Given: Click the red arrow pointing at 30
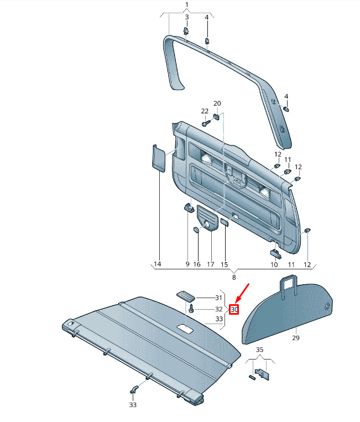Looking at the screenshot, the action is pos(243,294).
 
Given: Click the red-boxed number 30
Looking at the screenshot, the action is pos(234,310).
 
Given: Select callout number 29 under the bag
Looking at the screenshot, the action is pos(296,338).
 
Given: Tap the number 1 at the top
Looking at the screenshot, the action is pos(187,4).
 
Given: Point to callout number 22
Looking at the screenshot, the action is pos(205,111).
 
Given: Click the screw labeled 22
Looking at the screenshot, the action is pos(206,123).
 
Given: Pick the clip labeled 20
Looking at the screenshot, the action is pos(217,117).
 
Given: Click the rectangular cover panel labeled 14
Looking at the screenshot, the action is pos(159,158).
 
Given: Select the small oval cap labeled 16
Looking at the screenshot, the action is pos(197,230).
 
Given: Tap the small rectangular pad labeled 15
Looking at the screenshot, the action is pos(225,222).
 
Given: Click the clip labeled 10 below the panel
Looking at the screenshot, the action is pos(275,253).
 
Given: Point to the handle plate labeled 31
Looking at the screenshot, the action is pos(185,296).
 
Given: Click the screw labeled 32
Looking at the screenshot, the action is pos(191,309).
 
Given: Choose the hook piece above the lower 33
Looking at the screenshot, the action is pos(134,389).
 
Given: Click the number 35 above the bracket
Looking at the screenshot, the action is pos(259,350).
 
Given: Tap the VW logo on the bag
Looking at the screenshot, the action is pos(327,307).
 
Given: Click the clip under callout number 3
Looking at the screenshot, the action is pos(186,30).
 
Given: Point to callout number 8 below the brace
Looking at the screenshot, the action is pos(234,277).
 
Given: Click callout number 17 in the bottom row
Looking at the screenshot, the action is pos(210,264).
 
